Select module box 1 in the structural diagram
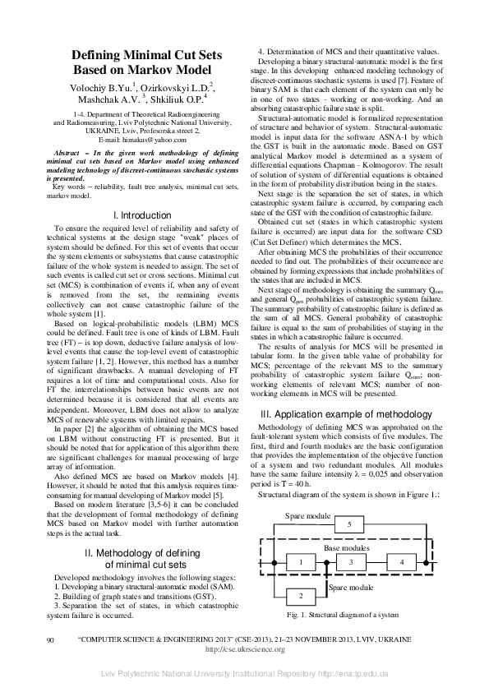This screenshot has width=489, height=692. click(301, 561)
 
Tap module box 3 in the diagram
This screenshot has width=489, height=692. click(351, 561)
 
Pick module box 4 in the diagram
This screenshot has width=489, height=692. click(402, 561)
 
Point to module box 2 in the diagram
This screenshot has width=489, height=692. click(301, 594)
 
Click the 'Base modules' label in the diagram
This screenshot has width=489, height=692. click(346, 546)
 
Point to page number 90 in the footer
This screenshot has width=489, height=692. click(51, 639)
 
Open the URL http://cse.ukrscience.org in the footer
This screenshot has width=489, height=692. click(244, 648)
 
